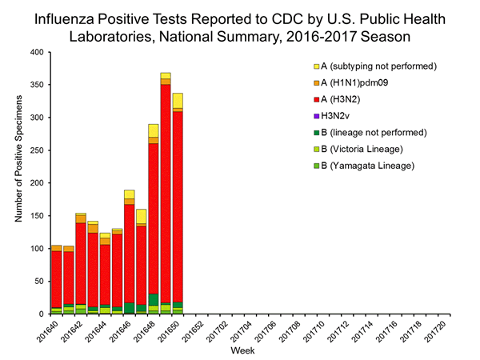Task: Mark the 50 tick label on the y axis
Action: pyautogui.click(x=38, y=282)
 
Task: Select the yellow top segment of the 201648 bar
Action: pyautogui.click(x=154, y=130)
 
